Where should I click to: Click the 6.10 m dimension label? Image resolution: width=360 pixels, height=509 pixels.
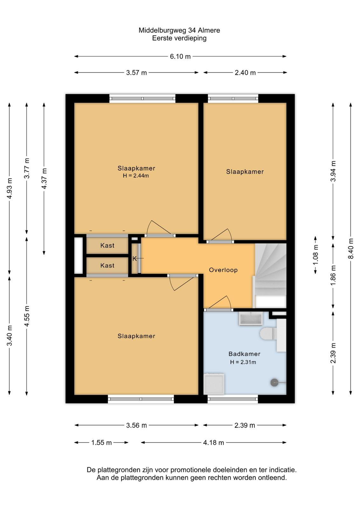pyautogui.click(x=180, y=56)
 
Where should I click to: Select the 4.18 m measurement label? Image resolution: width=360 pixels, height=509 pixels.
pyautogui.click(x=213, y=443)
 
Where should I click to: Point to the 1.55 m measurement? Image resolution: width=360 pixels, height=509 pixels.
pyautogui.click(x=101, y=443)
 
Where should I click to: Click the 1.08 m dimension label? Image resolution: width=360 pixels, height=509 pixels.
pyautogui.click(x=315, y=255)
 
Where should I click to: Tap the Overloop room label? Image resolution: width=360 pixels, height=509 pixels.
pyautogui.click(x=223, y=270)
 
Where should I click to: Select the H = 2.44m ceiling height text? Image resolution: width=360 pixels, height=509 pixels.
pyautogui.click(x=136, y=176)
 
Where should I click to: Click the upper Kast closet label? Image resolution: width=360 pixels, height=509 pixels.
pyautogui.click(x=107, y=245)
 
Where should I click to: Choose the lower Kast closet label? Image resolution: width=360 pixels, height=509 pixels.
pyautogui.click(x=107, y=265)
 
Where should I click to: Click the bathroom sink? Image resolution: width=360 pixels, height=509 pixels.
pyautogui.click(x=251, y=318)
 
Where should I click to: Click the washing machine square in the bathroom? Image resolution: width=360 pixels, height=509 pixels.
pyautogui.click(x=214, y=384)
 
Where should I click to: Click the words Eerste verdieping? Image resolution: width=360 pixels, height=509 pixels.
pyautogui.click(x=179, y=38)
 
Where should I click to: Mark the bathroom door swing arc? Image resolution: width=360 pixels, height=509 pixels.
pyautogui.click(x=229, y=302)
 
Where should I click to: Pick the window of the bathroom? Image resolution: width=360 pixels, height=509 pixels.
pyautogui.click(x=232, y=400)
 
